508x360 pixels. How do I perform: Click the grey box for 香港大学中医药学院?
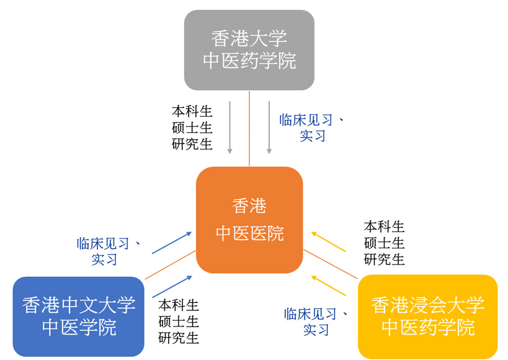(249, 50)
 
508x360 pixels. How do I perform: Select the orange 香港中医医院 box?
(249, 220)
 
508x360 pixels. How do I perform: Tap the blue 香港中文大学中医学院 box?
(78, 317)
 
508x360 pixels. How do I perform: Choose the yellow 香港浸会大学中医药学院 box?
(427, 317)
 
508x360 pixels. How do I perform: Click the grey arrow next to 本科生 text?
(229, 127)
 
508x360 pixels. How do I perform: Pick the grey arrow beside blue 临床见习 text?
(269, 127)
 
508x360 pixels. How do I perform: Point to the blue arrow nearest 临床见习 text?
(172, 243)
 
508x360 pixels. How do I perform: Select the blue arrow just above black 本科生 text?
(172, 287)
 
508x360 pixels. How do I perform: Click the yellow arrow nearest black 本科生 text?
(328, 241)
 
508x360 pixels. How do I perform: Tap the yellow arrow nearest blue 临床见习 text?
(328, 286)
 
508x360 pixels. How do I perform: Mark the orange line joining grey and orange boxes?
(249, 128)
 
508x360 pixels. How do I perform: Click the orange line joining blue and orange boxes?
(170, 264)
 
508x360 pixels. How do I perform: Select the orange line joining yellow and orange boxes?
(330, 264)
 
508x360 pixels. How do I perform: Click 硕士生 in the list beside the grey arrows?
(192, 128)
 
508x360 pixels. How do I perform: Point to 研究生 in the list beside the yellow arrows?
(384, 259)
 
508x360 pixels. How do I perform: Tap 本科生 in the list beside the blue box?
(179, 305)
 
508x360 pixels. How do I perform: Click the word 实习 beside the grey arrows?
(313, 136)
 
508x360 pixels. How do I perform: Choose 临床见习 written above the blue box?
(103, 243)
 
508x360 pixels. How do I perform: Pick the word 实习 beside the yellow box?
(316, 330)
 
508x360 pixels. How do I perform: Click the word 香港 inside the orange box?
(249, 206)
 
